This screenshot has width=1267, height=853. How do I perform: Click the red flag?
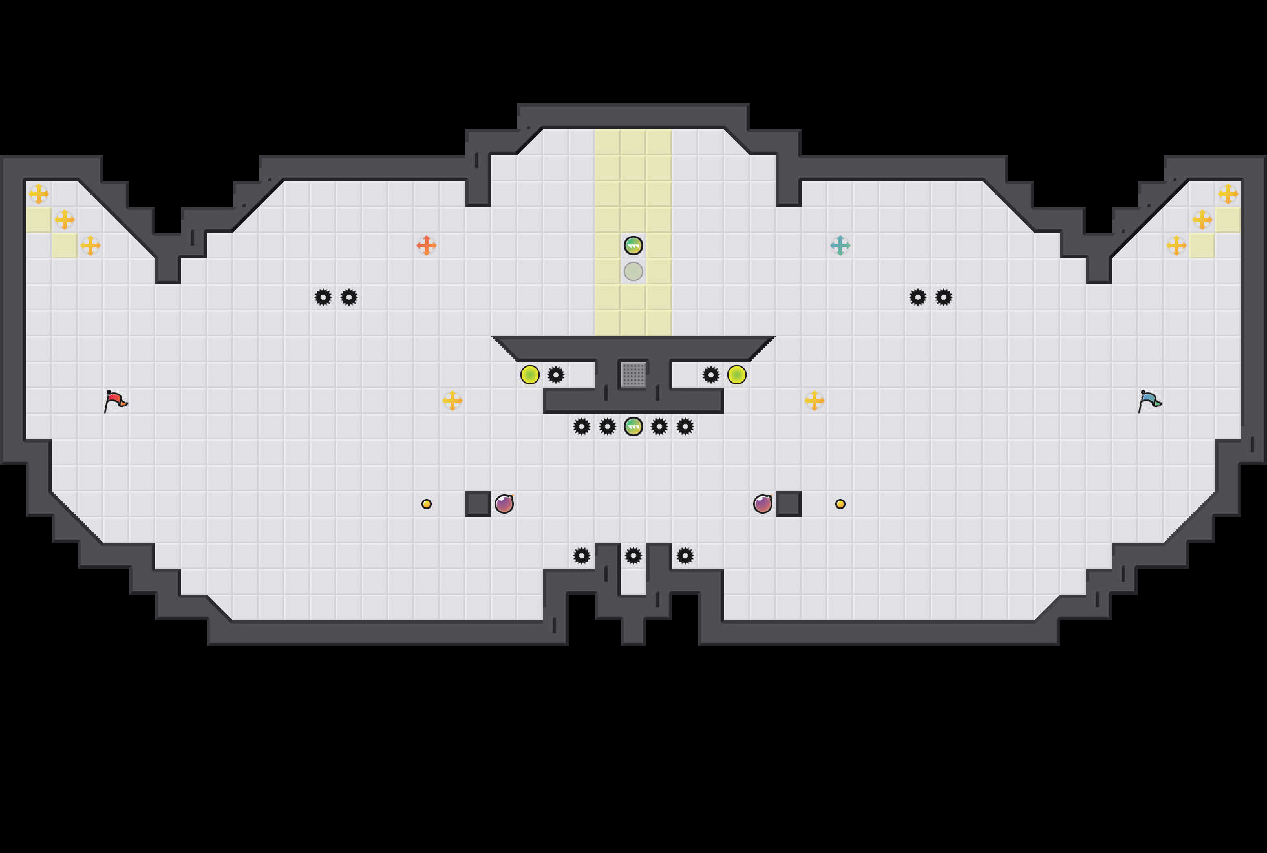tap(115, 401)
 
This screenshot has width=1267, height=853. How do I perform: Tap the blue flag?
tap(1149, 401)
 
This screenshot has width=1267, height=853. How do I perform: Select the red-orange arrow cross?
tap(427, 246)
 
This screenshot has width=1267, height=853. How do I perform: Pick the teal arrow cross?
tap(840, 246)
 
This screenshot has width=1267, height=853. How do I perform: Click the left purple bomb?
tap(504, 504)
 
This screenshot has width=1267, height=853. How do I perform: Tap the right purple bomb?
tap(763, 504)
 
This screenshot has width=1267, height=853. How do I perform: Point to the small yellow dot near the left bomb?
tap(427, 504)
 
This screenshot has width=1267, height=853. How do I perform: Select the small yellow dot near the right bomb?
tap(840, 504)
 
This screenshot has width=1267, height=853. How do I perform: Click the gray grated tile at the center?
tap(633, 375)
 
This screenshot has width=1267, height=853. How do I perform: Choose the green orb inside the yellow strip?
tap(633, 246)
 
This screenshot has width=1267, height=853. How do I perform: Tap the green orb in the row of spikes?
tap(633, 426)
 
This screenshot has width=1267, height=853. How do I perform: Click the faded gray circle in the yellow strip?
tap(633, 271)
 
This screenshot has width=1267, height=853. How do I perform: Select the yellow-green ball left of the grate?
tap(530, 375)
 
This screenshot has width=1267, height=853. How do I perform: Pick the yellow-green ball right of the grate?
tap(737, 375)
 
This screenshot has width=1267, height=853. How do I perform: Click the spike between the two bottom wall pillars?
tap(633, 556)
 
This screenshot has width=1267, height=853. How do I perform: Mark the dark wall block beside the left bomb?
tap(478, 504)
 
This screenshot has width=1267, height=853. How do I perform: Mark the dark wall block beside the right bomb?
tap(789, 504)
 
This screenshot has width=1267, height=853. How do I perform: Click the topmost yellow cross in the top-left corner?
tap(39, 194)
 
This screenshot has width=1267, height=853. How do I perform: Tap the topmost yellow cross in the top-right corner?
tap(1228, 194)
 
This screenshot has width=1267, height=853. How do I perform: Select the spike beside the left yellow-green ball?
tap(556, 375)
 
